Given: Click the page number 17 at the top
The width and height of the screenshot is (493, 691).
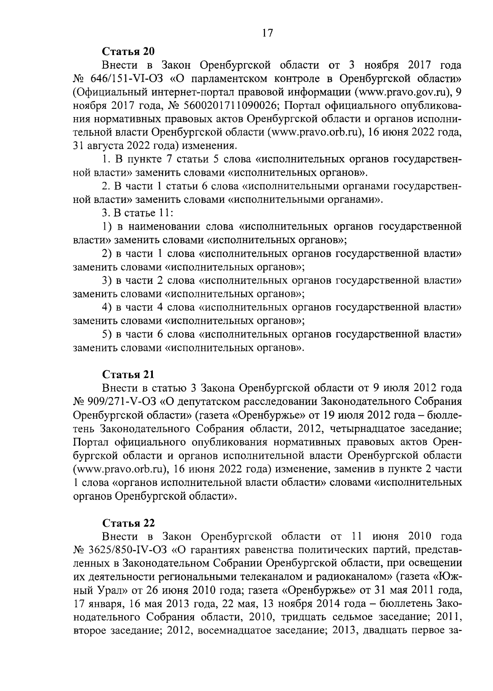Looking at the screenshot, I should [267, 33].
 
